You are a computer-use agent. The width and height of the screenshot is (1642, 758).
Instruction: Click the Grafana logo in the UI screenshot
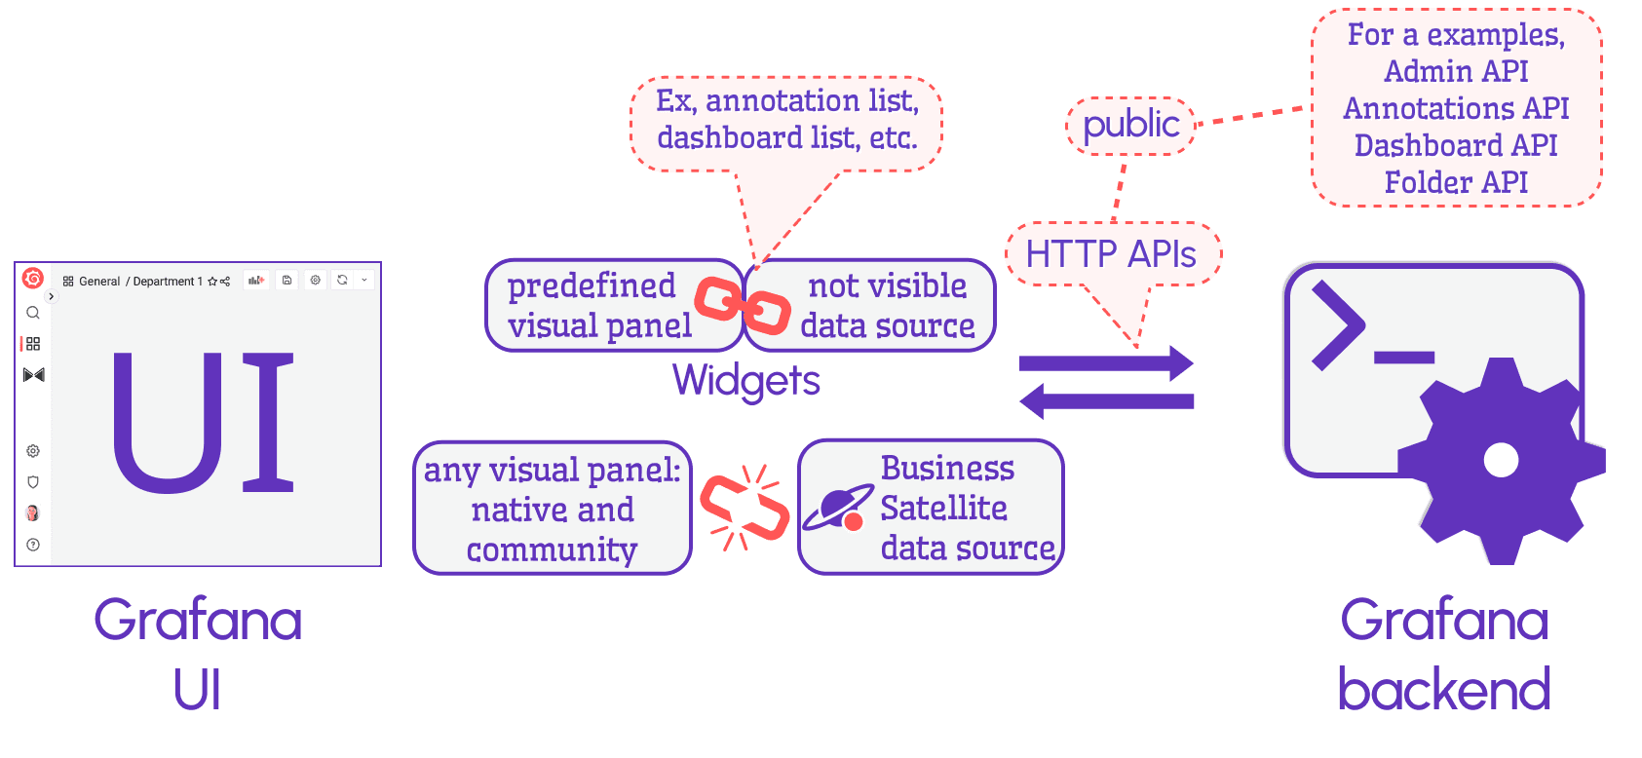tap(33, 279)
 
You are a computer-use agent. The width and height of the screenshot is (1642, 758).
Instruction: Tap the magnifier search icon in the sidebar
tap(33, 313)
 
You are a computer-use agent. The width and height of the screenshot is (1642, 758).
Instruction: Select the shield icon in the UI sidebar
tap(33, 482)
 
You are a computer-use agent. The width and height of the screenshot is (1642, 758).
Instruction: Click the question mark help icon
tap(33, 545)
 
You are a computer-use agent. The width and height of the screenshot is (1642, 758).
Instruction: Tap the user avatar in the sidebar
tap(33, 513)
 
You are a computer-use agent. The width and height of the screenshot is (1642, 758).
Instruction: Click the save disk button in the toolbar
tap(286, 281)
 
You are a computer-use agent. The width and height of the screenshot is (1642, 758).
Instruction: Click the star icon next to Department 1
tap(212, 282)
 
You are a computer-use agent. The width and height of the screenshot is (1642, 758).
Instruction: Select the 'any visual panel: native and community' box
tap(552, 509)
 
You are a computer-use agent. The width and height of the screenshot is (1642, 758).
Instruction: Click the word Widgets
tap(745, 380)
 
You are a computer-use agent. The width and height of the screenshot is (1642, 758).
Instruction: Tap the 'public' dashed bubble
tap(1130, 125)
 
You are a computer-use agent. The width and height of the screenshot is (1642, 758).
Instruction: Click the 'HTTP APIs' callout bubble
tap(1111, 254)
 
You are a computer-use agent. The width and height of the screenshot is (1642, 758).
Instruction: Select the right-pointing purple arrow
tap(1106, 363)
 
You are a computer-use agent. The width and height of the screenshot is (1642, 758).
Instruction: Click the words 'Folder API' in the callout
tap(1456, 182)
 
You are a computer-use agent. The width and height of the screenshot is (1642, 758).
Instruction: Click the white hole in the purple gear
tap(1501, 460)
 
